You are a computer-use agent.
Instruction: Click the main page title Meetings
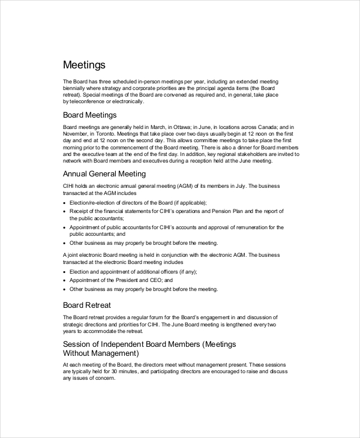(84, 65)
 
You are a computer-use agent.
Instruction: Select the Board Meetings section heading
(90, 115)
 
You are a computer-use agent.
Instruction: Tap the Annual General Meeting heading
(104, 174)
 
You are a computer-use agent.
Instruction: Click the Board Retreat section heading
(87, 305)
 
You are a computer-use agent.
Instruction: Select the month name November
(77, 134)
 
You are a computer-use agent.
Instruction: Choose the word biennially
(74, 88)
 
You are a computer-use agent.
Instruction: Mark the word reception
(203, 161)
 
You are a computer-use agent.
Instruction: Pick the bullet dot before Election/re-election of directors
(64, 203)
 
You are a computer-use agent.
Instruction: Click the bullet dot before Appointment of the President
(64, 280)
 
